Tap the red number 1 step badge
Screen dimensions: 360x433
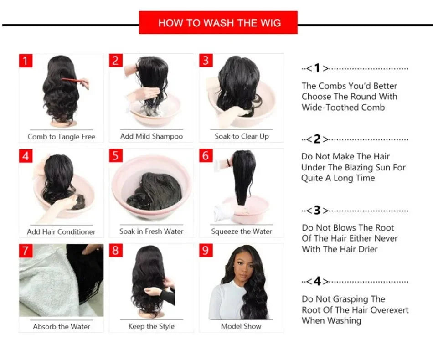(x=26, y=61)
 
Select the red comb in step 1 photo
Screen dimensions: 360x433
(x=73, y=81)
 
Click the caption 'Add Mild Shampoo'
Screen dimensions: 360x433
(x=151, y=136)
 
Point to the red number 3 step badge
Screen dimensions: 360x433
(x=206, y=61)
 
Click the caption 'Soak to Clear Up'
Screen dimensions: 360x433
(x=242, y=136)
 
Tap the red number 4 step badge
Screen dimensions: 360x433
(x=26, y=156)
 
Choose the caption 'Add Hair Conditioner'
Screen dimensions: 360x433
(x=61, y=231)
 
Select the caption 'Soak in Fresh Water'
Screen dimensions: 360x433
(x=151, y=231)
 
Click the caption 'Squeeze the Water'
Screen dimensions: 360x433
(x=242, y=231)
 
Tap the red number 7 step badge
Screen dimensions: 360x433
(x=26, y=251)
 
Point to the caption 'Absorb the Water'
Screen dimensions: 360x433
(x=61, y=326)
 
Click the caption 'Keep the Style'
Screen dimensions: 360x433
(x=151, y=326)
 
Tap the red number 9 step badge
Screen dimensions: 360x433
(x=206, y=251)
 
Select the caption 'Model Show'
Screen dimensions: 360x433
(x=242, y=326)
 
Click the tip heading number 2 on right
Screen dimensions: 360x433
(x=317, y=139)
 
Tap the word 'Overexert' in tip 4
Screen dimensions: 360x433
(x=390, y=310)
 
